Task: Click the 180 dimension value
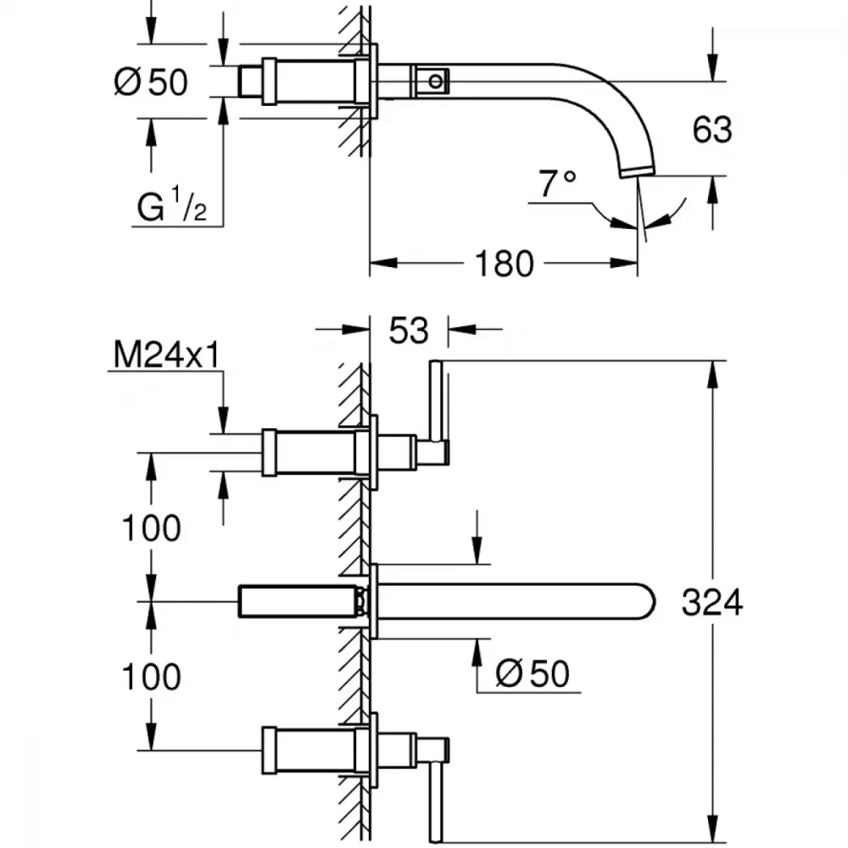point(504,264)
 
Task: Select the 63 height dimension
point(712,130)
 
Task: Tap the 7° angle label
point(557,183)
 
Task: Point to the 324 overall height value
point(712,602)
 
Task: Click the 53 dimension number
point(409,331)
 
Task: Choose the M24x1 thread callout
point(167,355)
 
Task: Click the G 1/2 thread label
point(172,204)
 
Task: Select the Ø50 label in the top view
point(151,82)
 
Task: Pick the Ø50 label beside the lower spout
point(533,673)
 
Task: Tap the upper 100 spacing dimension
point(152,528)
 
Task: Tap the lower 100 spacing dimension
point(152,677)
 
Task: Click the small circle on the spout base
point(435,81)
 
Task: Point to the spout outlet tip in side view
point(638,172)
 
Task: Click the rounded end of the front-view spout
point(649,601)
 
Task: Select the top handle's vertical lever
point(436,401)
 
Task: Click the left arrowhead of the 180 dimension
point(383,264)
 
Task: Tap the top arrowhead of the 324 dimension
point(713,374)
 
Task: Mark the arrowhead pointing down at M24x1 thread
point(223,421)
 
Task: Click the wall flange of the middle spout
point(373,601)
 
